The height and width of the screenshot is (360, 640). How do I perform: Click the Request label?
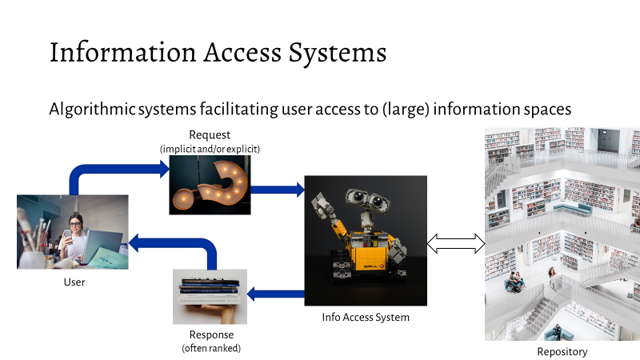[210, 134]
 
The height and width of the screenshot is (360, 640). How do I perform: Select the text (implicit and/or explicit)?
[210, 148]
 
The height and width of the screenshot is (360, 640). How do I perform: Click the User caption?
[74, 282]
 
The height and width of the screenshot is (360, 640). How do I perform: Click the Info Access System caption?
[365, 318]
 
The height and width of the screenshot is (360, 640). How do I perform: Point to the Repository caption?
[562, 351]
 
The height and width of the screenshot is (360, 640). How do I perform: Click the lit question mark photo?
[210, 185]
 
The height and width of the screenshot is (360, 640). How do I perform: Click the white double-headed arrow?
[457, 243]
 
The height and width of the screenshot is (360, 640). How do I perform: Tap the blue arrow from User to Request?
[112, 171]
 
